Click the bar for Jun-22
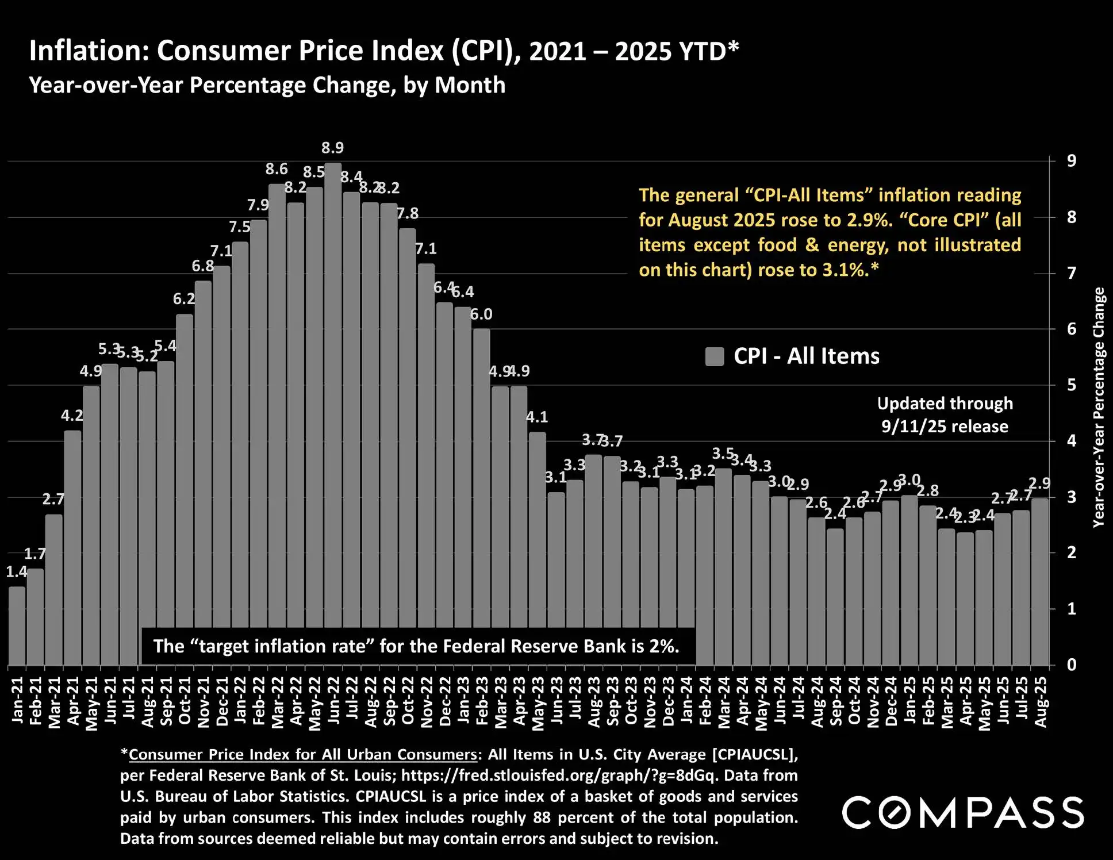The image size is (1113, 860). (x=333, y=414)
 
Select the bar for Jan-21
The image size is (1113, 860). (x=17, y=627)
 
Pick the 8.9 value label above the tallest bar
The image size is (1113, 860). (x=332, y=148)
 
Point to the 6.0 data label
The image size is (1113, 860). (x=481, y=314)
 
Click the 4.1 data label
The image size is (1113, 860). (x=537, y=417)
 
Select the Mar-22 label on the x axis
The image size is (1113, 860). (x=277, y=702)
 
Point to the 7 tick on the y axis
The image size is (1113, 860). (x=1072, y=273)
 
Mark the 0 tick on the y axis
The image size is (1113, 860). (x=1072, y=665)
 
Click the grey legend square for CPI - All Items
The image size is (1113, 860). (x=715, y=356)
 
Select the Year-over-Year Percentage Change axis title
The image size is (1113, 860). (x=1099, y=407)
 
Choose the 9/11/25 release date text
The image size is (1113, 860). (x=945, y=427)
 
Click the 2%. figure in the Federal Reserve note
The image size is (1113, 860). (x=665, y=647)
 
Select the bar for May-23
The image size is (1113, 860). (x=537, y=549)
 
